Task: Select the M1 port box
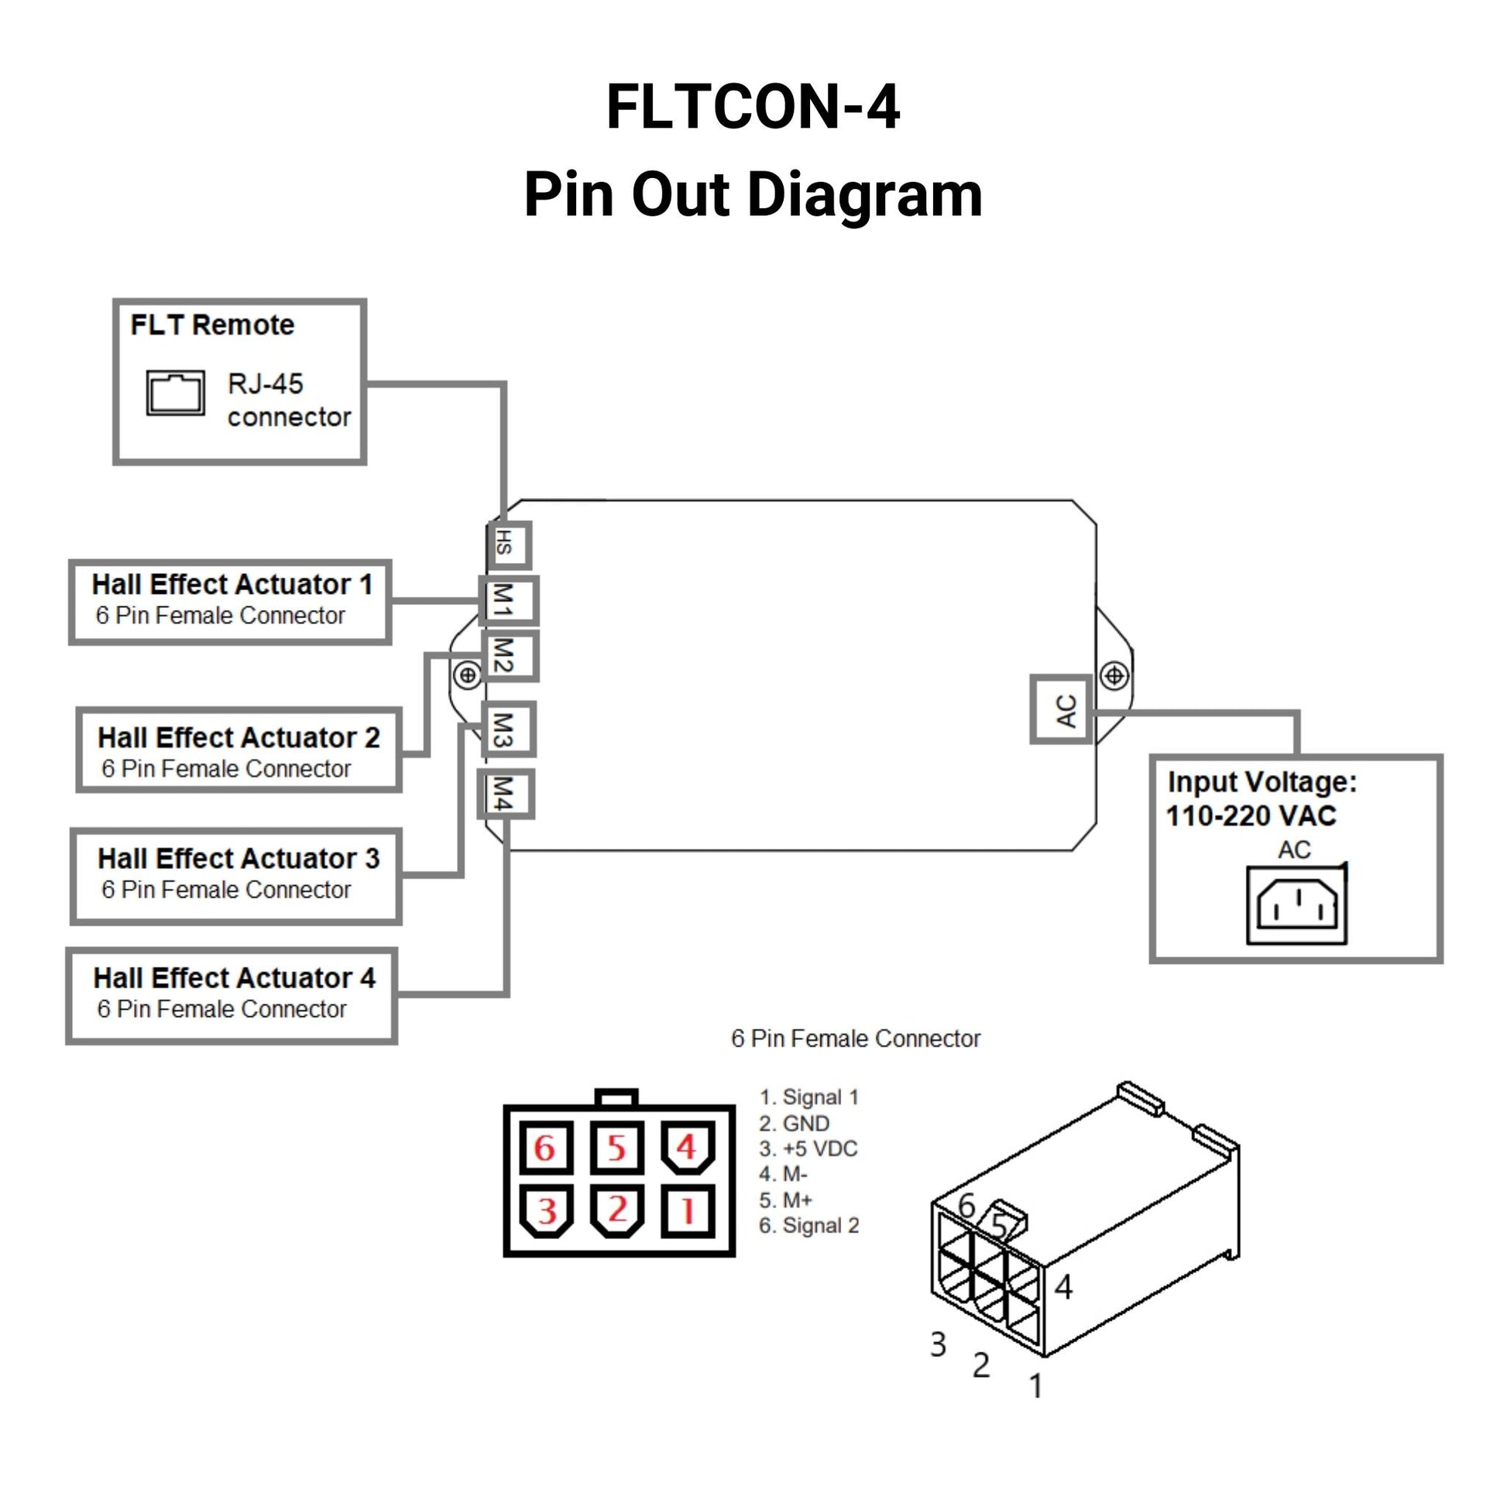pyautogui.click(x=508, y=600)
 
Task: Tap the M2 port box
pyautogui.click(x=510, y=655)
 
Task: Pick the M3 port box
pyautogui.click(x=508, y=729)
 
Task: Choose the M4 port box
pyautogui.click(x=506, y=794)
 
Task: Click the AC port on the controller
pyautogui.click(x=1062, y=709)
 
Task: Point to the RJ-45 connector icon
pyautogui.click(x=176, y=393)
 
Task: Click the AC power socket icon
pyautogui.click(x=1296, y=905)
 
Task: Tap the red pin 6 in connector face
pyautogui.click(x=546, y=1148)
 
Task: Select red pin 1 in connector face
pyautogui.click(x=687, y=1211)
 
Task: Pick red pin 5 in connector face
pyautogui.click(x=616, y=1148)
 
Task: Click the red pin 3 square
pyautogui.click(x=546, y=1211)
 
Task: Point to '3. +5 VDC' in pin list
pyautogui.click(x=808, y=1148)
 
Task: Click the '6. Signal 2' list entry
pyautogui.click(x=809, y=1225)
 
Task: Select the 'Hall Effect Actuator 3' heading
pyautogui.click(x=238, y=858)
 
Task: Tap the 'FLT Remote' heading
pyautogui.click(x=212, y=324)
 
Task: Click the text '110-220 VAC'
pyautogui.click(x=1251, y=816)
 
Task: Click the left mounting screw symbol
pyautogui.click(x=468, y=675)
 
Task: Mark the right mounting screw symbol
pyautogui.click(x=1114, y=675)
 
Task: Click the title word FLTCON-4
pyautogui.click(x=753, y=107)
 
